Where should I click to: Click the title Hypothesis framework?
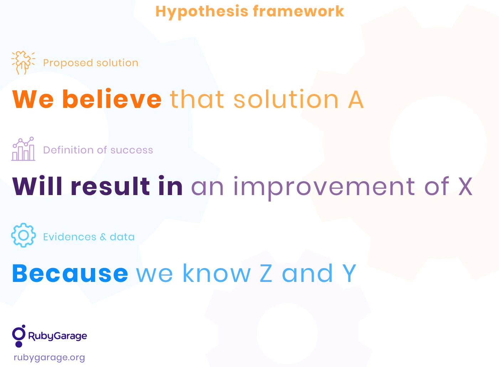(250, 12)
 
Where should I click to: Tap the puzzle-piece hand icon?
(23, 63)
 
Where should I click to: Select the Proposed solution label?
(91, 63)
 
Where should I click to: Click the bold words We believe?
(87, 99)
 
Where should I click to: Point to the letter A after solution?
(356, 100)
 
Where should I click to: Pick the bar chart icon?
(23, 149)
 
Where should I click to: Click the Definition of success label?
(98, 150)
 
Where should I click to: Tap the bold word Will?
(37, 186)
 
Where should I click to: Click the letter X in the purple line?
(465, 187)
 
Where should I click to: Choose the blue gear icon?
(24, 235)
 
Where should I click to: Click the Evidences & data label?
(89, 237)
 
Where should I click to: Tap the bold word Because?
(70, 273)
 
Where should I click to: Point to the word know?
(217, 273)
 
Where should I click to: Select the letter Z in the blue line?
(266, 273)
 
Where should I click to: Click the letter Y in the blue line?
(349, 273)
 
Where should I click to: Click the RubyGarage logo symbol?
(19, 336)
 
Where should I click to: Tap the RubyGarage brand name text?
(57, 336)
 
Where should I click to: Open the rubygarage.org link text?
(49, 358)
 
